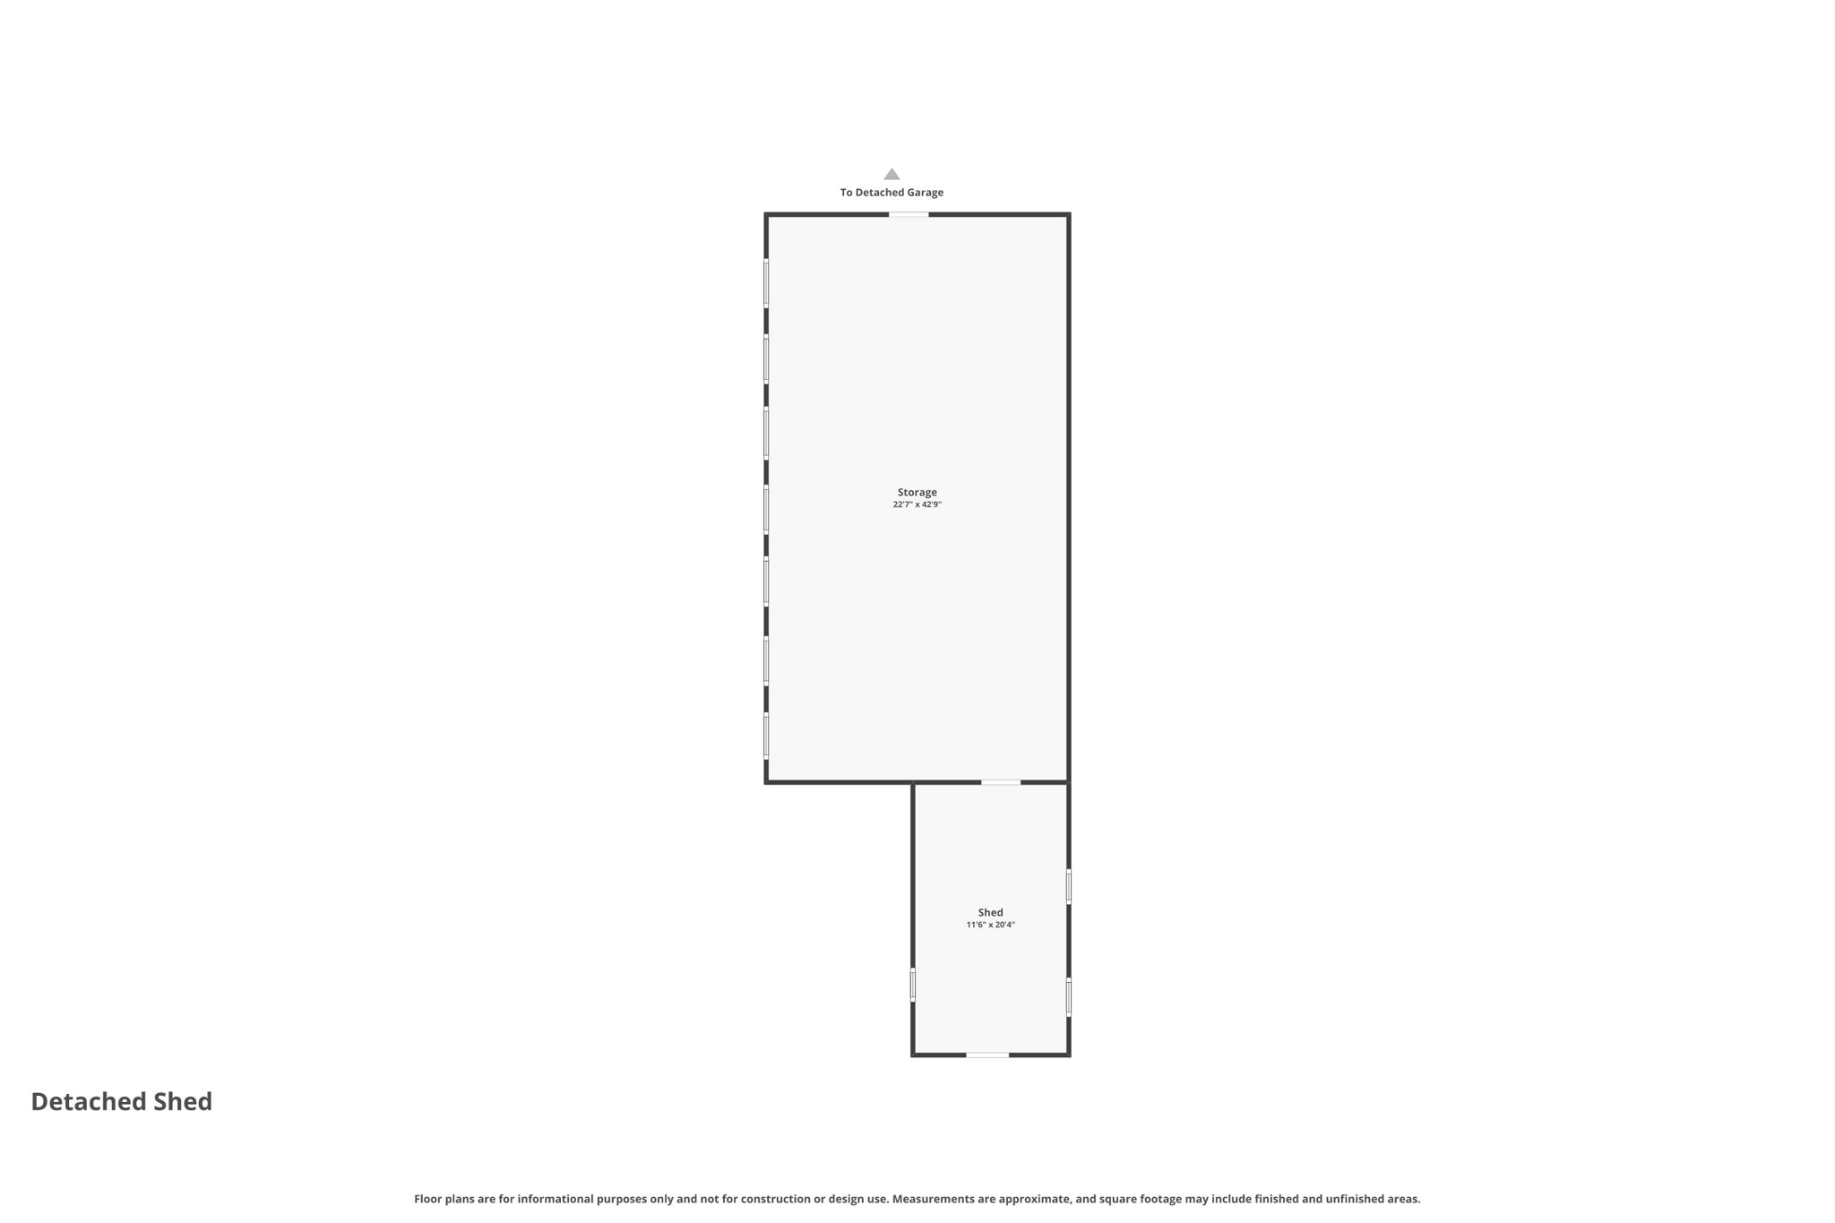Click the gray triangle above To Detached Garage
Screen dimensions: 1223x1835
[892, 174]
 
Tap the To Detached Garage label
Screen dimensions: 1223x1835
[892, 193]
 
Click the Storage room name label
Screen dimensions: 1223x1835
[917, 492]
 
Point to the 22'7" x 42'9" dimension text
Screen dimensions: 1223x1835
[917, 505]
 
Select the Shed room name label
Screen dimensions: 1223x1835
[990, 912]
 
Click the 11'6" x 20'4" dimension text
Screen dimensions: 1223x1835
[990, 925]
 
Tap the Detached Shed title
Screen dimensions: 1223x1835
[122, 1101]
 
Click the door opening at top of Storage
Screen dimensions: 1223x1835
[909, 214]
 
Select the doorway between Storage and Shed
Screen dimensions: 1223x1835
[1001, 782]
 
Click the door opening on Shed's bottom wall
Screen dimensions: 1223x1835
[987, 1055]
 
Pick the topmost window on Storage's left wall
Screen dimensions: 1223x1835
[766, 283]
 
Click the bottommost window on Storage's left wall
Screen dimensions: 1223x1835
[766, 736]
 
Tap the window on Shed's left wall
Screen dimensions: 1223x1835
[913, 984]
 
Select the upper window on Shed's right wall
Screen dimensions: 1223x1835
[1069, 886]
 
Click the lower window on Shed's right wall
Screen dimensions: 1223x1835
[1069, 996]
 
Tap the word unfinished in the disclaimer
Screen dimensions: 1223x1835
[1356, 1199]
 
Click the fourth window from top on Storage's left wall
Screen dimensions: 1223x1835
[766, 509]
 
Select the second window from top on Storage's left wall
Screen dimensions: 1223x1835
[766, 358]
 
